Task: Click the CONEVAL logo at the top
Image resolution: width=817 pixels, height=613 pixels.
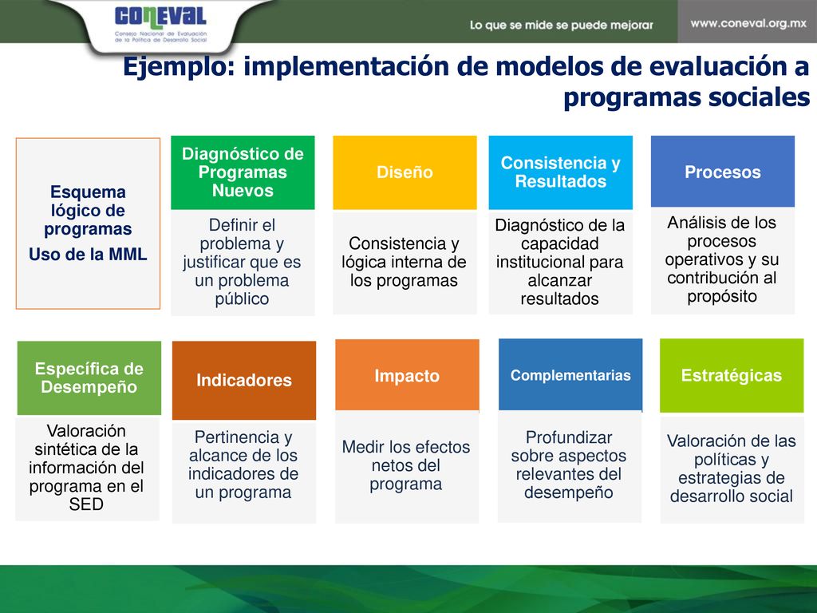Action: click(160, 24)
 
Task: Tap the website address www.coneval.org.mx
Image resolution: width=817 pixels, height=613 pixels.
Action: click(748, 23)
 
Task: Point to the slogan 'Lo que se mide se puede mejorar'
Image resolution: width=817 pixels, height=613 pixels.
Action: click(561, 25)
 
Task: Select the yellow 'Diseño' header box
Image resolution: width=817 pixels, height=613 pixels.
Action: click(405, 172)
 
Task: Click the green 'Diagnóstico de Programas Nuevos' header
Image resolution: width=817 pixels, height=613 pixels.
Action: click(243, 172)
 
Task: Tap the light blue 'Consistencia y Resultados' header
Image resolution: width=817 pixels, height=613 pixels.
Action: click(561, 172)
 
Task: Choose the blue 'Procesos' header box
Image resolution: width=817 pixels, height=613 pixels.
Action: click(723, 172)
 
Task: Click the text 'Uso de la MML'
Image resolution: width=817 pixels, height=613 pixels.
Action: click(88, 255)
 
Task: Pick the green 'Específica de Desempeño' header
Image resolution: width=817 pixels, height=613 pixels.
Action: click(89, 378)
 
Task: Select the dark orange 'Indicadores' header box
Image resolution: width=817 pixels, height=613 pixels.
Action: click(244, 381)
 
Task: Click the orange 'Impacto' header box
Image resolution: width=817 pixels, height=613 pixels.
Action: click(407, 375)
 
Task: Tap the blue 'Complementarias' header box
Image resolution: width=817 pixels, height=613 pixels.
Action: click(570, 375)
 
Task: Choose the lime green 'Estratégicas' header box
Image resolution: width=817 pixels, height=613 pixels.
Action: click(732, 375)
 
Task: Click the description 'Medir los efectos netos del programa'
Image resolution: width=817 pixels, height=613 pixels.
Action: click(406, 465)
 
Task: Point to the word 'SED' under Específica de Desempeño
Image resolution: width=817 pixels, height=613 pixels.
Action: click(86, 504)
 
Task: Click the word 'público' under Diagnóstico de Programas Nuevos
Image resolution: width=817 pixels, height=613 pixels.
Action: click(242, 299)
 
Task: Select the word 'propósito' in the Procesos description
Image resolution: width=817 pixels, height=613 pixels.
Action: click(721, 297)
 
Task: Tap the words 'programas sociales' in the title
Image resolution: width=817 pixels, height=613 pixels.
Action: click(687, 97)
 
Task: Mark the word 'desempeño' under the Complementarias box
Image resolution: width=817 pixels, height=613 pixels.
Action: click(568, 492)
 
